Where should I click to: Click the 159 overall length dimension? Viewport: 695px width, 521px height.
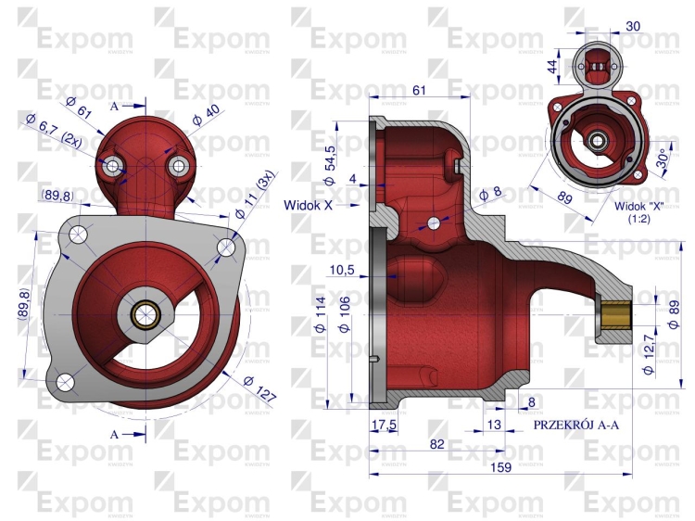500,467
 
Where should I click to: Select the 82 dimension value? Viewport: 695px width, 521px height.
437,444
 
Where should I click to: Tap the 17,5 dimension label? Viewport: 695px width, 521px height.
385,425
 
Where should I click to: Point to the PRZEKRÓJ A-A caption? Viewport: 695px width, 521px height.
575,425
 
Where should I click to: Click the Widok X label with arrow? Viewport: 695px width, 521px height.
322,205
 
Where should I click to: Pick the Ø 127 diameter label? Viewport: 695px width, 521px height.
259,388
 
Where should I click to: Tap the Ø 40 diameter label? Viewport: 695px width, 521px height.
206,114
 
